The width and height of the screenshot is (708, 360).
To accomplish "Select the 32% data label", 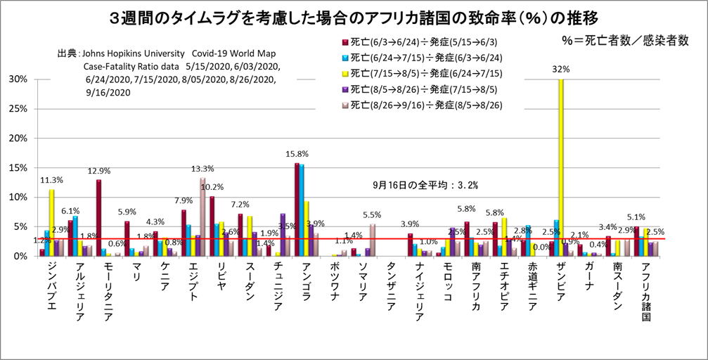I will click(561, 70).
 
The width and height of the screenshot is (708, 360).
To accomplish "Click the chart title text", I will click(354, 15).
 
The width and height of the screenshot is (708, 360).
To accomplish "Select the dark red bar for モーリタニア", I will click(99, 218).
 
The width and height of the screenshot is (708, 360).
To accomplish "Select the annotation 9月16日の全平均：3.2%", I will click(426, 186).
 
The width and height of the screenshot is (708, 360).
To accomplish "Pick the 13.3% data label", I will click(203, 168).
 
